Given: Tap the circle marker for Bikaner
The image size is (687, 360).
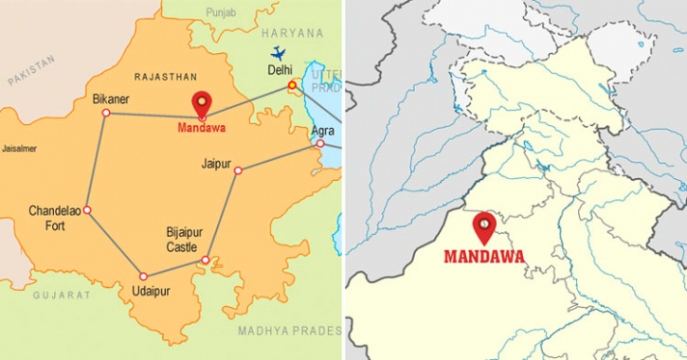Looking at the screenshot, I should click(105, 113).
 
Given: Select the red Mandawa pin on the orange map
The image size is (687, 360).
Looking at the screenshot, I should click(202, 103).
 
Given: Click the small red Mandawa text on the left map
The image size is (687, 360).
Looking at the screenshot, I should click(202, 127).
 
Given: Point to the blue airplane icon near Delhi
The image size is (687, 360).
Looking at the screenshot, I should click(279, 53).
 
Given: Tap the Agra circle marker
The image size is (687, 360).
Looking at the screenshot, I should click(320, 144).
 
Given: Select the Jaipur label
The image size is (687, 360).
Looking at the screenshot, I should click(216, 164).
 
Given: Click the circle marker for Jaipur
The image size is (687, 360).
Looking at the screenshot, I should click(238, 171).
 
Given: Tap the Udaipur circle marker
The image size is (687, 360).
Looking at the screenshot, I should click(143, 277).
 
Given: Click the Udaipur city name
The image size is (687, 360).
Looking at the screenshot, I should click(150, 291).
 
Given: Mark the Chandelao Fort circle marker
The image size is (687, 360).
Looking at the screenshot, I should click(86, 210).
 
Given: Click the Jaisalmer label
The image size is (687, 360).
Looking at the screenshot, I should click(19, 149).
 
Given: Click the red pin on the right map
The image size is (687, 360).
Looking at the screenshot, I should click(484, 226).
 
